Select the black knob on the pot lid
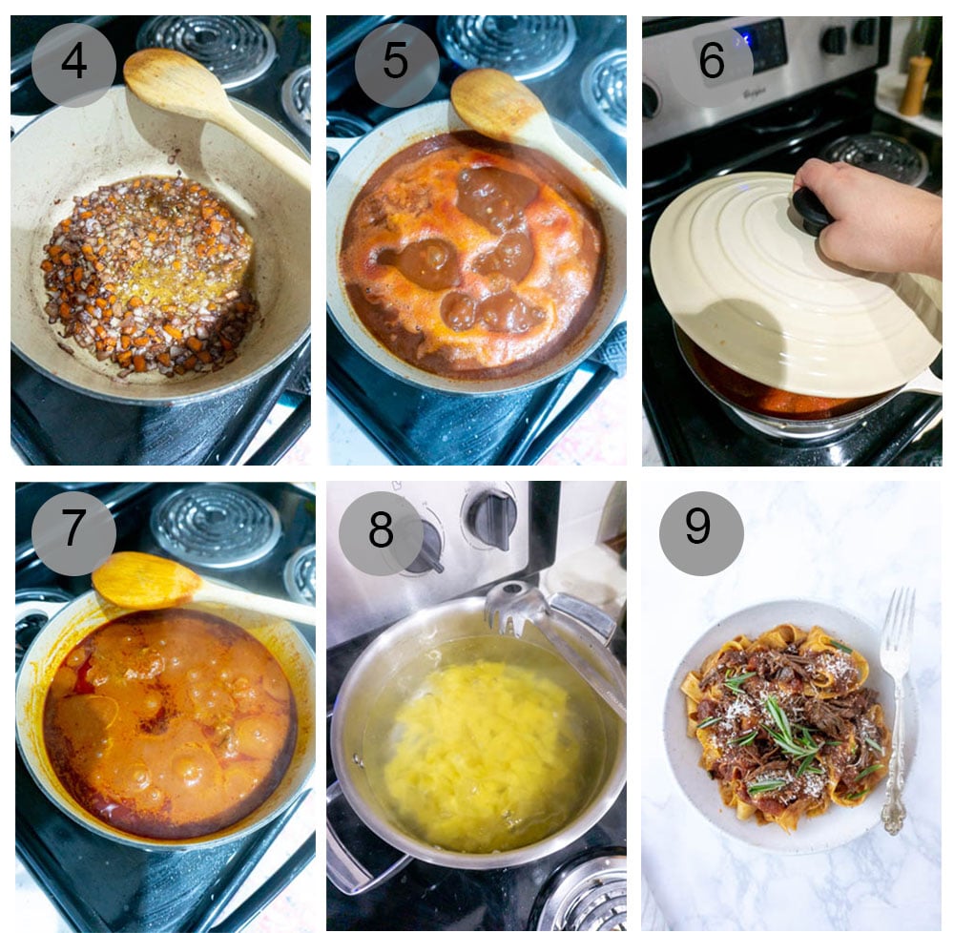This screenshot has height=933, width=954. pos(812,210)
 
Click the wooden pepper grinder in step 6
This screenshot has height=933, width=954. pos(915,86)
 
